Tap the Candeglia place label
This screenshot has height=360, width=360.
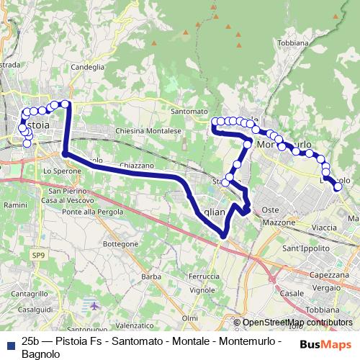point(87,67)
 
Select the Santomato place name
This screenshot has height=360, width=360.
point(189,112)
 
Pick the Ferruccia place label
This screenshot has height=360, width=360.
point(203,276)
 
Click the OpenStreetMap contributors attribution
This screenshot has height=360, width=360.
point(297,323)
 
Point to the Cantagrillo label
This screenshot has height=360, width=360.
point(30,294)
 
